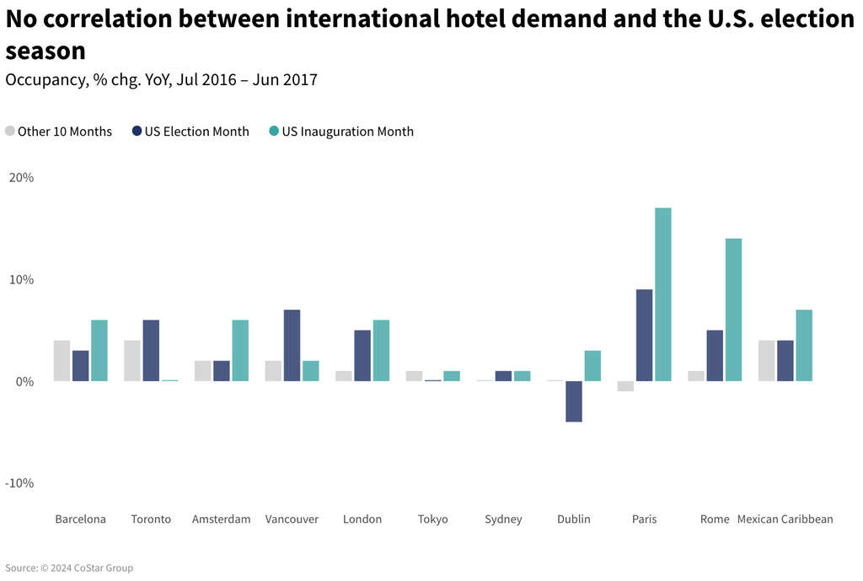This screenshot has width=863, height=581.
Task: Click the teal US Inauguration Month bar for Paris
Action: pyautogui.click(x=662, y=294)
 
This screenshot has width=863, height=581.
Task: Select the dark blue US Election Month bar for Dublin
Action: pyautogui.click(x=574, y=401)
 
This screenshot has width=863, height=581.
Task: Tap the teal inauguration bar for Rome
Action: pyautogui.click(x=733, y=309)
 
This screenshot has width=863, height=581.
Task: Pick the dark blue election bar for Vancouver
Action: pyautogui.click(x=292, y=346)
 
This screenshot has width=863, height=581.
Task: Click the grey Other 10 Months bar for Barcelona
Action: pyautogui.click(x=62, y=361)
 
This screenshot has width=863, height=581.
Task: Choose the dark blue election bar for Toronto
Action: pyautogui.click(x=151, y=351)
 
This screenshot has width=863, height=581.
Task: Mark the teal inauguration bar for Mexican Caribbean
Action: pyautogui.click(x=804, y=346)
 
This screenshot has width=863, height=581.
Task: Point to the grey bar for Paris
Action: pyautogui.click(x=624, y=386)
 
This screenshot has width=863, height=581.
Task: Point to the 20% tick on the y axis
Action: pyautogui.click(x=21, y=178)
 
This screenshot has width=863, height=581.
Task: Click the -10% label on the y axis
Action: pyautogui.click(x=19, y=483)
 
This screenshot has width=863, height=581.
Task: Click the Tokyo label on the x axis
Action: pyautogui.click(x=433, y=519)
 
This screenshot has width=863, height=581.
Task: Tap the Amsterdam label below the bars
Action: pyautogui.click(x=221, y=519)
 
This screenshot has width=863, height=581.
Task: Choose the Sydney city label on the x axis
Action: pyautogui.click(x=503, y=519)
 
